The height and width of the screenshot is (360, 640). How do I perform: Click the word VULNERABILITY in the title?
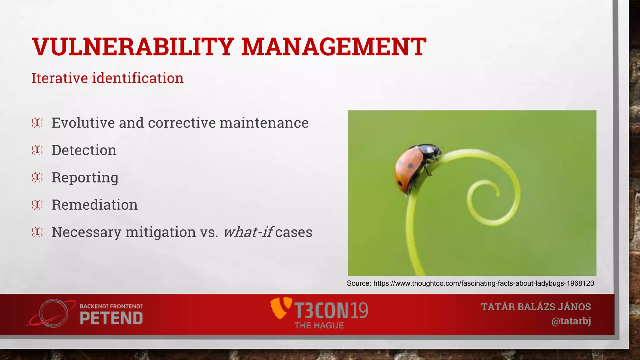(x=133, y=47)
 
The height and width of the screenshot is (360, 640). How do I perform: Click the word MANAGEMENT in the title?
(x=333, y=47)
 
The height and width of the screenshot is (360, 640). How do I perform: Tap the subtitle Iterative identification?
(x=107, y=78)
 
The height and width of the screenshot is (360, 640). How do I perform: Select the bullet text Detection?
(x=84, y=150)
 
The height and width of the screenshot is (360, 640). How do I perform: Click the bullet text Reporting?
(x=85, y=177)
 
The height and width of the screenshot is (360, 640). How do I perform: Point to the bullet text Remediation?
(x=95, y=205)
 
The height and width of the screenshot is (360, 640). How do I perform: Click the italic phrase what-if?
(x=248, y=232)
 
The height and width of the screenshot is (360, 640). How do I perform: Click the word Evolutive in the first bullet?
(x=83, y=123)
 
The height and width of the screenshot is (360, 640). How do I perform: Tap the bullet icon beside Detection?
(x=37, y=150)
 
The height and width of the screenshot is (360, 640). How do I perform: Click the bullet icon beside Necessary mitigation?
(x=37, y=232)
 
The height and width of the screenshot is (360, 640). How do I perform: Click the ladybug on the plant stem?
(x=412, y=169)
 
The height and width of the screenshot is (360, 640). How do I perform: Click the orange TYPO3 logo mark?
(x=280, y=308)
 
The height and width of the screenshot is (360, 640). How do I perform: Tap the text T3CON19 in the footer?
(x=331, y=310)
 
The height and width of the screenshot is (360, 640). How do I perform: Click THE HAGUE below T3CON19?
(x=319, y=326)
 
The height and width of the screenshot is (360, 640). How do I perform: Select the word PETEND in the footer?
(x=111, y=318)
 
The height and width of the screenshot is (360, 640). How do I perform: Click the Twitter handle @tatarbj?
(x=571, y=321)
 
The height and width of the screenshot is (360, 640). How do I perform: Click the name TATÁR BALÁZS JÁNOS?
(x=536, y=307)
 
